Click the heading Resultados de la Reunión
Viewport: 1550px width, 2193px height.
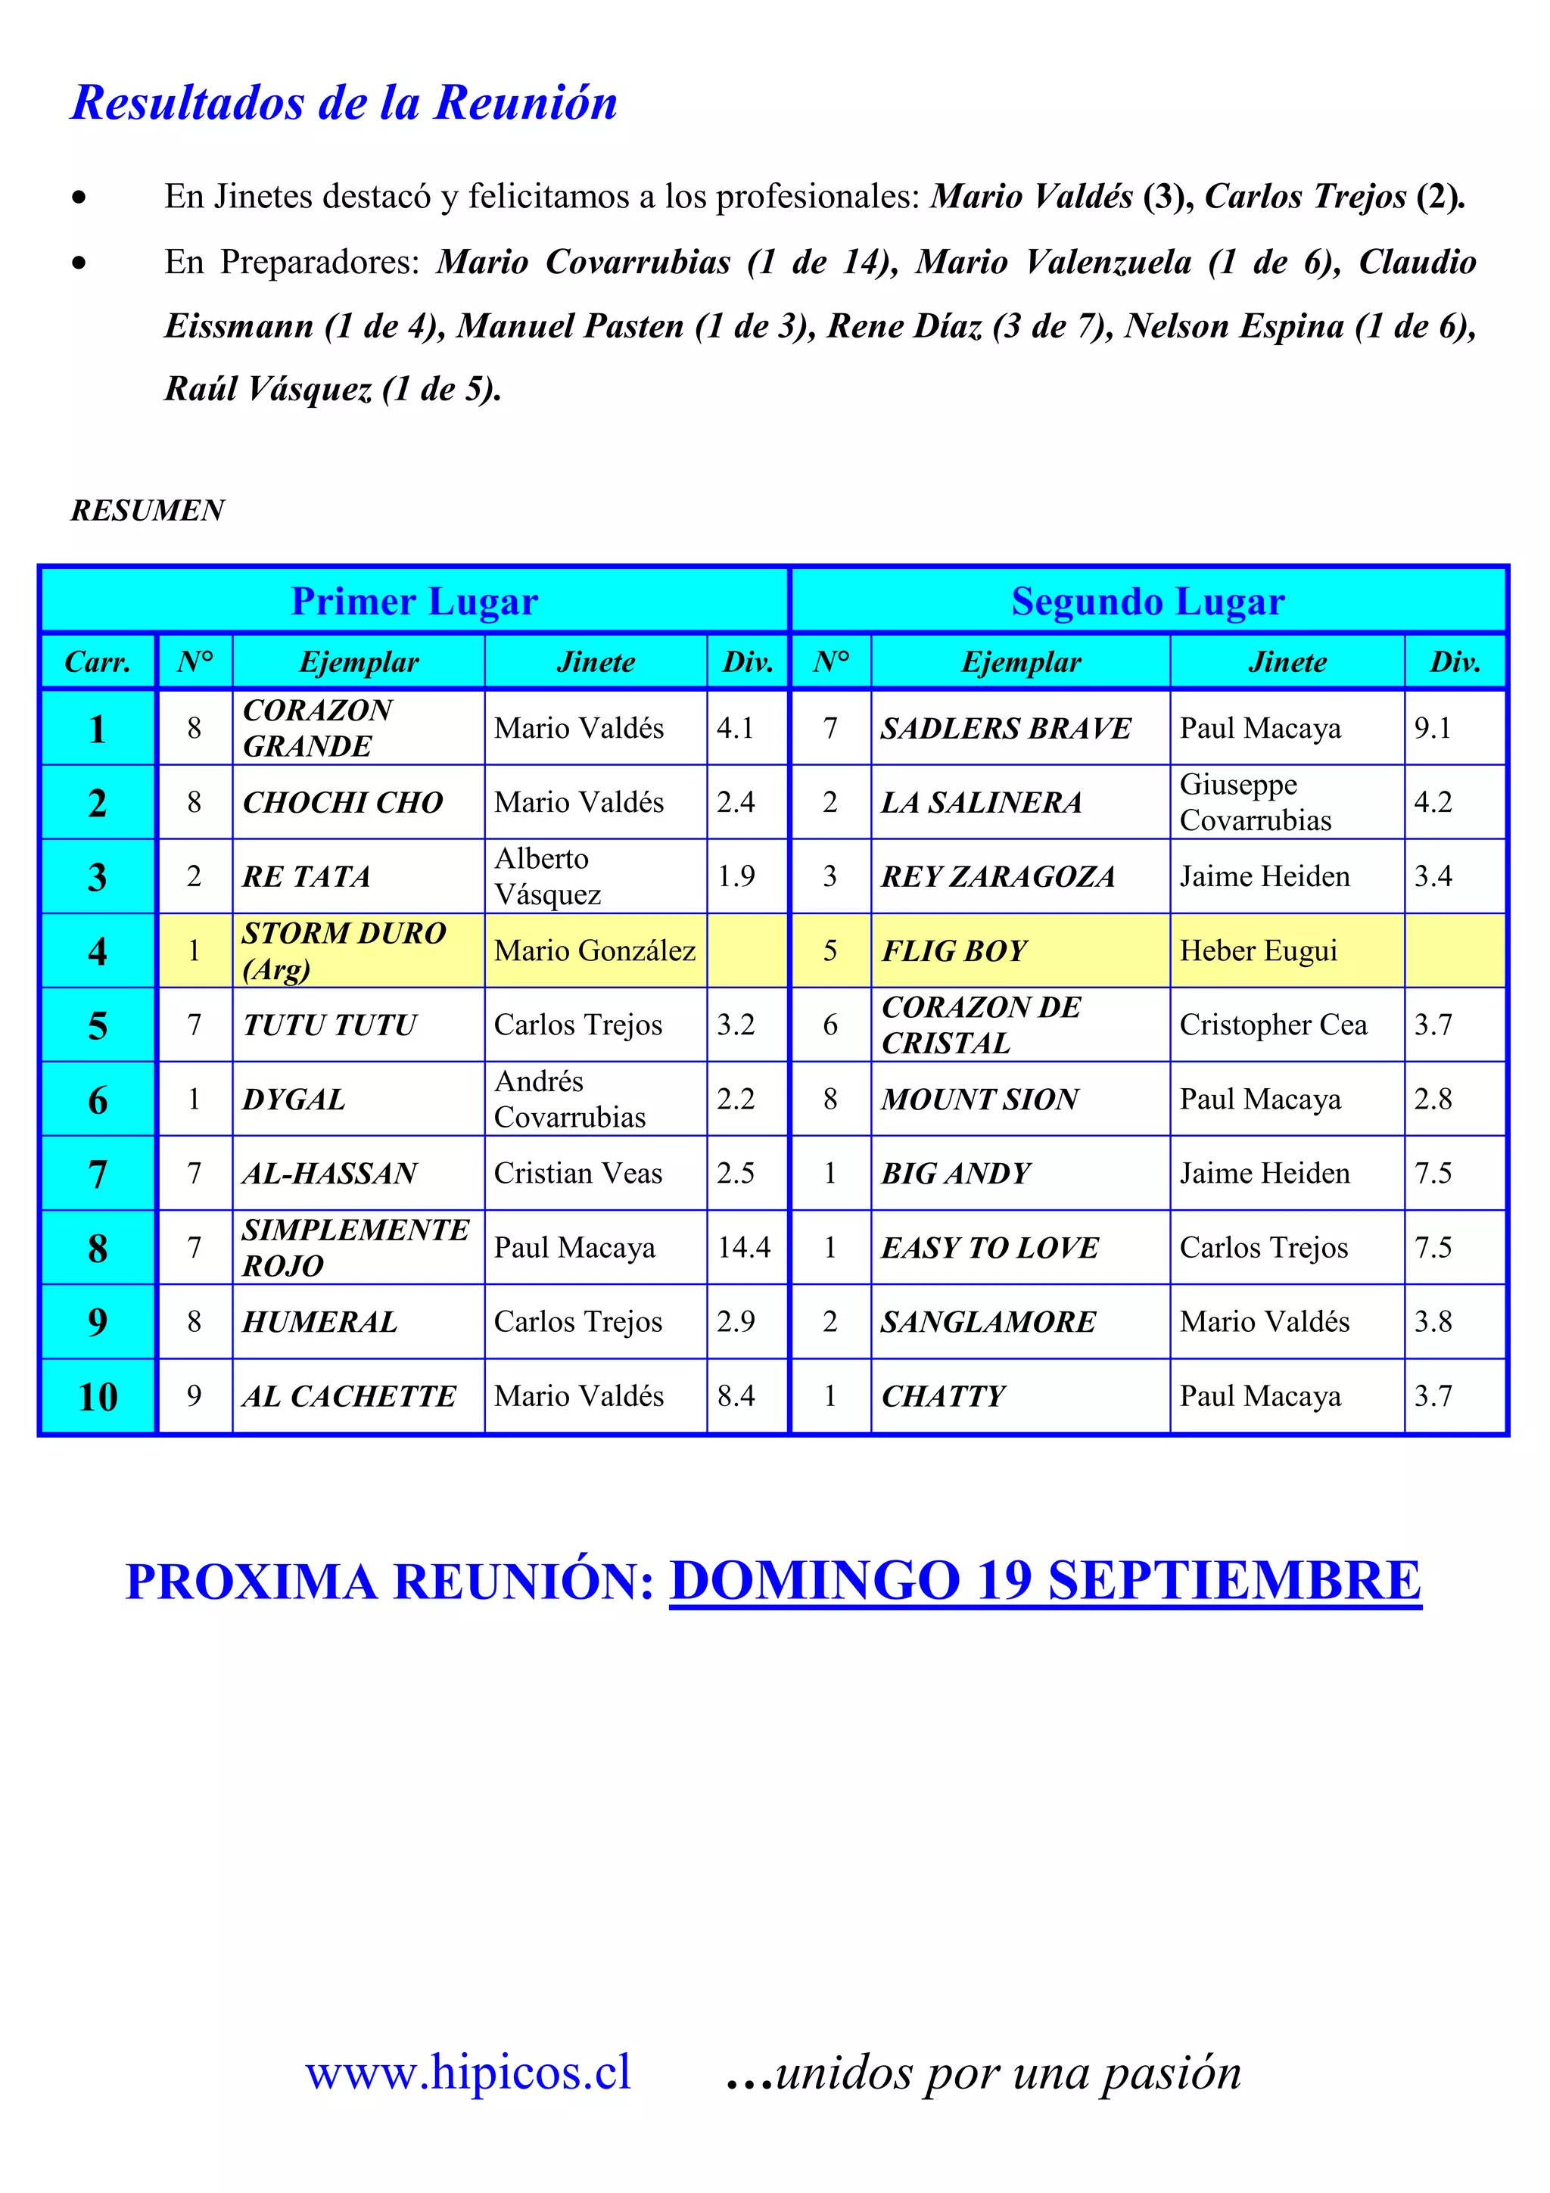(x=345, y=103)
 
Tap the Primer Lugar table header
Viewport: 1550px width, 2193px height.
(x=415, y=602)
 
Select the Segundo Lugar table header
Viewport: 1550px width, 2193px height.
(x=1148, y=602)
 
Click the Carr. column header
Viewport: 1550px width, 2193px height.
(x=98, y=662)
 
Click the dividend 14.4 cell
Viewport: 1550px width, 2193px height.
(x=744, y=1247)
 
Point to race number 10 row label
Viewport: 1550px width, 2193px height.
(x=98, y=1396)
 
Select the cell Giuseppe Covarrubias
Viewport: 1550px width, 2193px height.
(x=1255, y=802)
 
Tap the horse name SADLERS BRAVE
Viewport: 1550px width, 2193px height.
(x=1006, y=729)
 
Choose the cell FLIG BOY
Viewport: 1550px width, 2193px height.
(x=954, y=951)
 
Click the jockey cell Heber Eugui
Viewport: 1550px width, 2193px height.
(x=1258, y=951)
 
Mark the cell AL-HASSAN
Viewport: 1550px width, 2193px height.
(x=329, y=1174)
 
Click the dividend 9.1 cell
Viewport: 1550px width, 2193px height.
(x=1433, y=729)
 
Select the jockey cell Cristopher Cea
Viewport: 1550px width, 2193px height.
(x=1273, y=1025)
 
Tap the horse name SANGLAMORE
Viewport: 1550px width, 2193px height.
(x=988, y=1322)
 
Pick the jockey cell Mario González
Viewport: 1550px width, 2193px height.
(x=594, y=951)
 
